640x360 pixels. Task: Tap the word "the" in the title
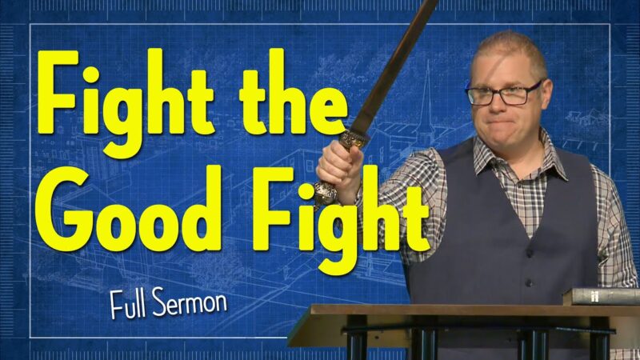pyautogui.click(x=294, y=92)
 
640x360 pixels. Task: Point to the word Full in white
pyautogui.click(x=127, y=305)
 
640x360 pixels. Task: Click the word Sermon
pyautogui.click(x=190, y=302)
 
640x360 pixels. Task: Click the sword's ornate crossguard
pyautogui.click(x=354, y=138)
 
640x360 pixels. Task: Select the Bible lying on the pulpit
pyautogui.click(x=602, y=297)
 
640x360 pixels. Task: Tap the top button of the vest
pyautogui.click(x=530, y=253)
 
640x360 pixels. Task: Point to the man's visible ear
pyautogui.click(x=546, y=93)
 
